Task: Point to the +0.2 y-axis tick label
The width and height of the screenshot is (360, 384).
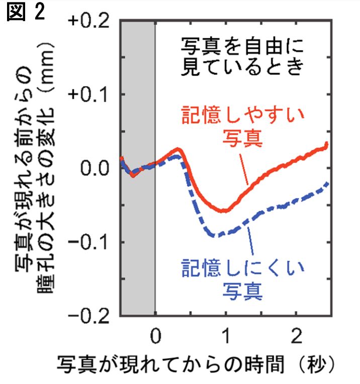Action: pos(91,21)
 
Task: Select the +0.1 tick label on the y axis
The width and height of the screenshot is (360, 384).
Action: pos(91,95)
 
